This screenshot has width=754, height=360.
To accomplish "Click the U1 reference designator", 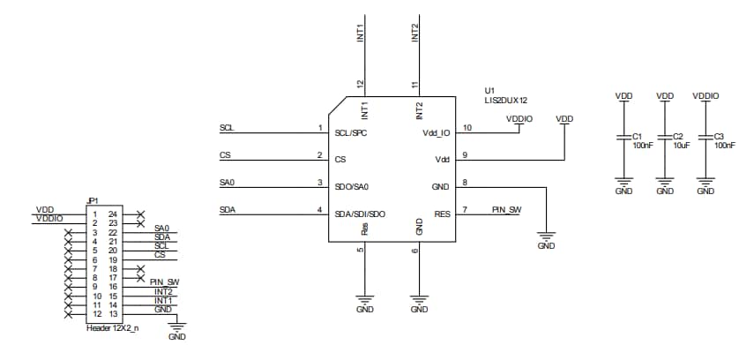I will tap(489, 91).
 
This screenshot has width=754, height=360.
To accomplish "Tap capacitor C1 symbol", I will tap(623, 137).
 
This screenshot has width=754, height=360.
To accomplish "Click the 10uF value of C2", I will tap(680, 146).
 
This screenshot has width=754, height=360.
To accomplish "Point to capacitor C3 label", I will tap(719, 137).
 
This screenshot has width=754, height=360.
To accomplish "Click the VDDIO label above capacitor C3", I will tap(705, 95).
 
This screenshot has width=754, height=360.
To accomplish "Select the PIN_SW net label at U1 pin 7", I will tap(506, 209).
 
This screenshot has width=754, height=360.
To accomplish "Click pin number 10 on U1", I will tap(467, 128).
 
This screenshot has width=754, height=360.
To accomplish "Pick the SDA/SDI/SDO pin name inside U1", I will tap(359, 214).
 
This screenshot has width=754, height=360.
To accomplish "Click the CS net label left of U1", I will tap(225, 155).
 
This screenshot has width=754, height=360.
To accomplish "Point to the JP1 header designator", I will tap(92, 200).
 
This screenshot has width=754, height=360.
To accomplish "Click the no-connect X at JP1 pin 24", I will tap(140, 214).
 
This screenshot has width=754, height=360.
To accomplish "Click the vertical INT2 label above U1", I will tap(415, 34).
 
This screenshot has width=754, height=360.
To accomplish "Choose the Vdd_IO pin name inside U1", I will tap(436, 133).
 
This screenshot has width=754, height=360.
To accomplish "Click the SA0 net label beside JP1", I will tap(161, 228).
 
